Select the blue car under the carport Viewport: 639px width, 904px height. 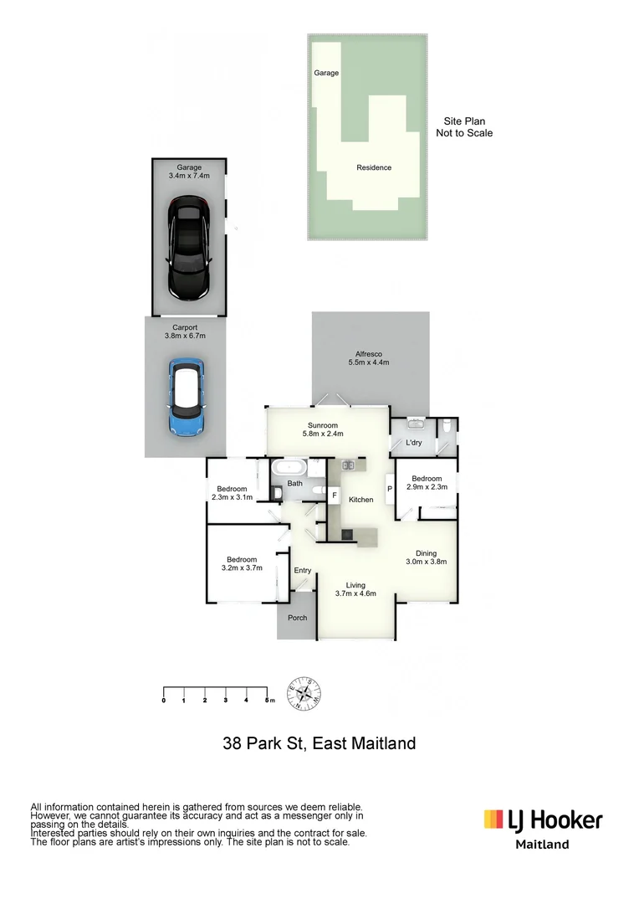coord(186,398)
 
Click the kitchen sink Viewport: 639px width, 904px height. coord(349,465)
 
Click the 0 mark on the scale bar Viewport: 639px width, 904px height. coord(163,700)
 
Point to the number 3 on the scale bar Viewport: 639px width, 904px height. coord(226,700)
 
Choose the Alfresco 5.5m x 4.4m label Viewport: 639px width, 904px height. coord(369,357)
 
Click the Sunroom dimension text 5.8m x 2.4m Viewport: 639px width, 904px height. coord(323,434)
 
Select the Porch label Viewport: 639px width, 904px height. coord(297,618)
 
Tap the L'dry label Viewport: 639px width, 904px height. coord(413,442)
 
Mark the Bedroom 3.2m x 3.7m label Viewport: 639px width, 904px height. coord(242,563)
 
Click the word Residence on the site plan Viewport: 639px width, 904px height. coord(374,167)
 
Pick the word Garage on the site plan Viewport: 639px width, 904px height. coord(326,73)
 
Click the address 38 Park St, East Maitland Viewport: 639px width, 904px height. coord(319,742)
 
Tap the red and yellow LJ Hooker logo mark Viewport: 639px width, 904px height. coord(493,819)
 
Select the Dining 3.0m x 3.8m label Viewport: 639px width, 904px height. coord(427,557)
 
